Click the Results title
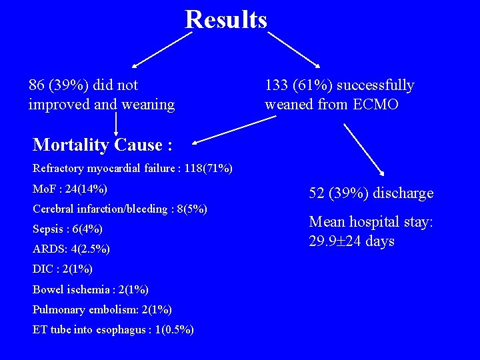tap(226, 19)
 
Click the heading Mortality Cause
tap(98, 145)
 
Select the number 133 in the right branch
tap(277, 85)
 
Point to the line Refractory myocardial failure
tap(133, 169)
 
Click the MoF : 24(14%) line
tap(70, 189)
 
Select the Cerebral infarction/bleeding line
tap(120, 209)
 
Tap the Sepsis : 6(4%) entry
tap(67, 229)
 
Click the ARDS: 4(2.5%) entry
tap(71, 249)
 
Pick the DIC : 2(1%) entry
tap(63, 269)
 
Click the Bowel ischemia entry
tap(91, 289)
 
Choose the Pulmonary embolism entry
tap(102, 309)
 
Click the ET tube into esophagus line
tap(113, 329)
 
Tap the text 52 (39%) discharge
tap(371, 193)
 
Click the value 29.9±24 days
tap(352, 241)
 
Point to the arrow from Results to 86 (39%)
tap(161, 49)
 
